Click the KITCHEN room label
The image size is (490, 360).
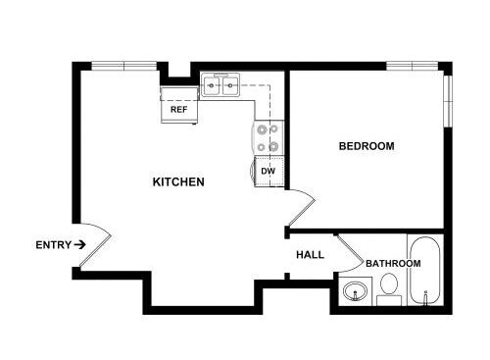[x=178, y=181]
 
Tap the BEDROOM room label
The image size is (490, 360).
[x=367, y=146]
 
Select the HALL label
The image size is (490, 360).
[x=310, y=255]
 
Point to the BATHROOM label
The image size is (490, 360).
[x=393, y=263]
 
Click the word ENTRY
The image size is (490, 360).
[x=53, y=245]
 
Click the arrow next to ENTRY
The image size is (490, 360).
[x=79, y=244]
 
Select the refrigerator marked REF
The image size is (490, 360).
[x=179, y=105]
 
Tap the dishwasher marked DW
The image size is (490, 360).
[x=269, y=172]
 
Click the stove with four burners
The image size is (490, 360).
[x=268, y=138]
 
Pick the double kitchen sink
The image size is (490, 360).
[x=220, y=85]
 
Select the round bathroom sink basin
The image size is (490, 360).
[x=355, y=290]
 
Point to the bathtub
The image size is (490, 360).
[x=425, y=270]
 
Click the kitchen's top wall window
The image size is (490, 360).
[x=124, y=66]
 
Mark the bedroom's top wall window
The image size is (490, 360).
[x=413, y=66]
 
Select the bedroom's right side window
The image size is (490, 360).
[x=448, y=101]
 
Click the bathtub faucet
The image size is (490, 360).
[x=425, y=297]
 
